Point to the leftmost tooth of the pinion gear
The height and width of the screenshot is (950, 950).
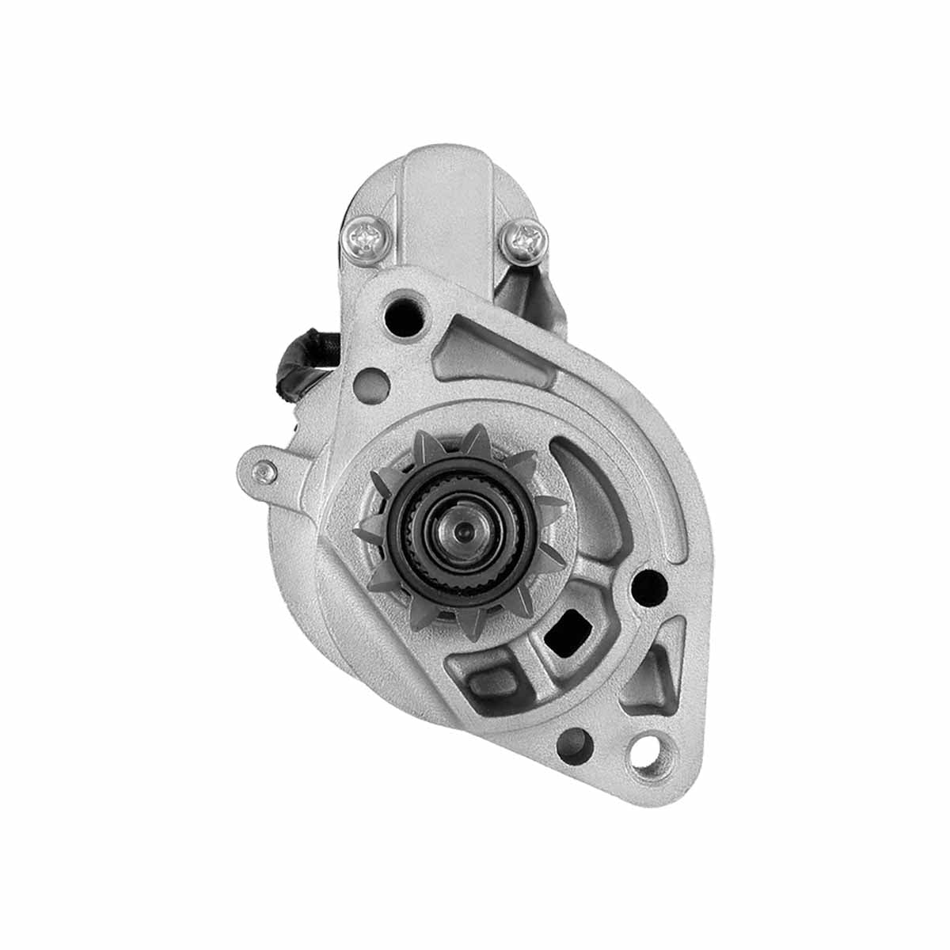click(x=366, y=534)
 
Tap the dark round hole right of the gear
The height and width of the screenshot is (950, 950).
click(x=650, y=587)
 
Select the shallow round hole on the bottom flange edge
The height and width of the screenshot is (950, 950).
click(x=576, y=742)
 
